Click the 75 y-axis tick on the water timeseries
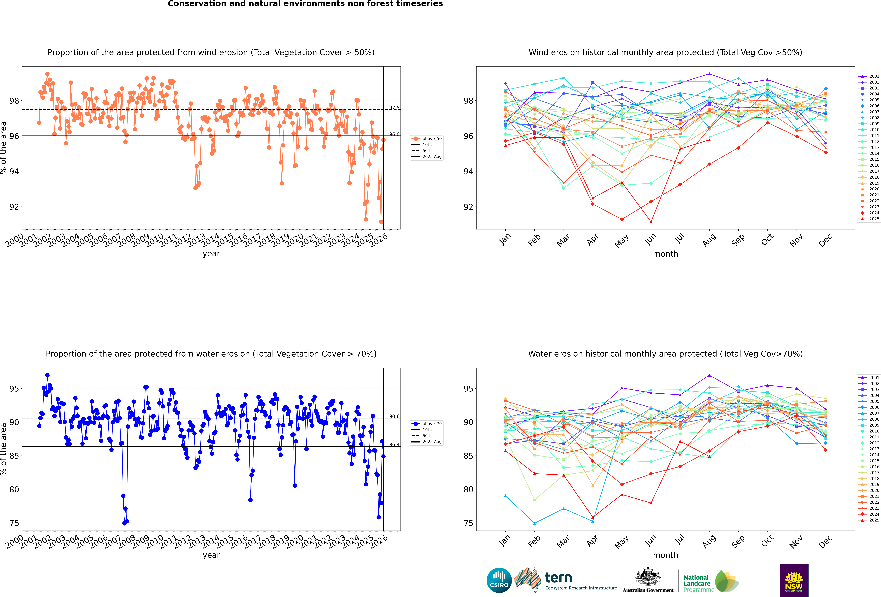click(14, 523)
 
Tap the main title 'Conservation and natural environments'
click(305, 4)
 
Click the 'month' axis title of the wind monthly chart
click(665, 254)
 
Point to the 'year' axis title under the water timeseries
click(211, 555)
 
